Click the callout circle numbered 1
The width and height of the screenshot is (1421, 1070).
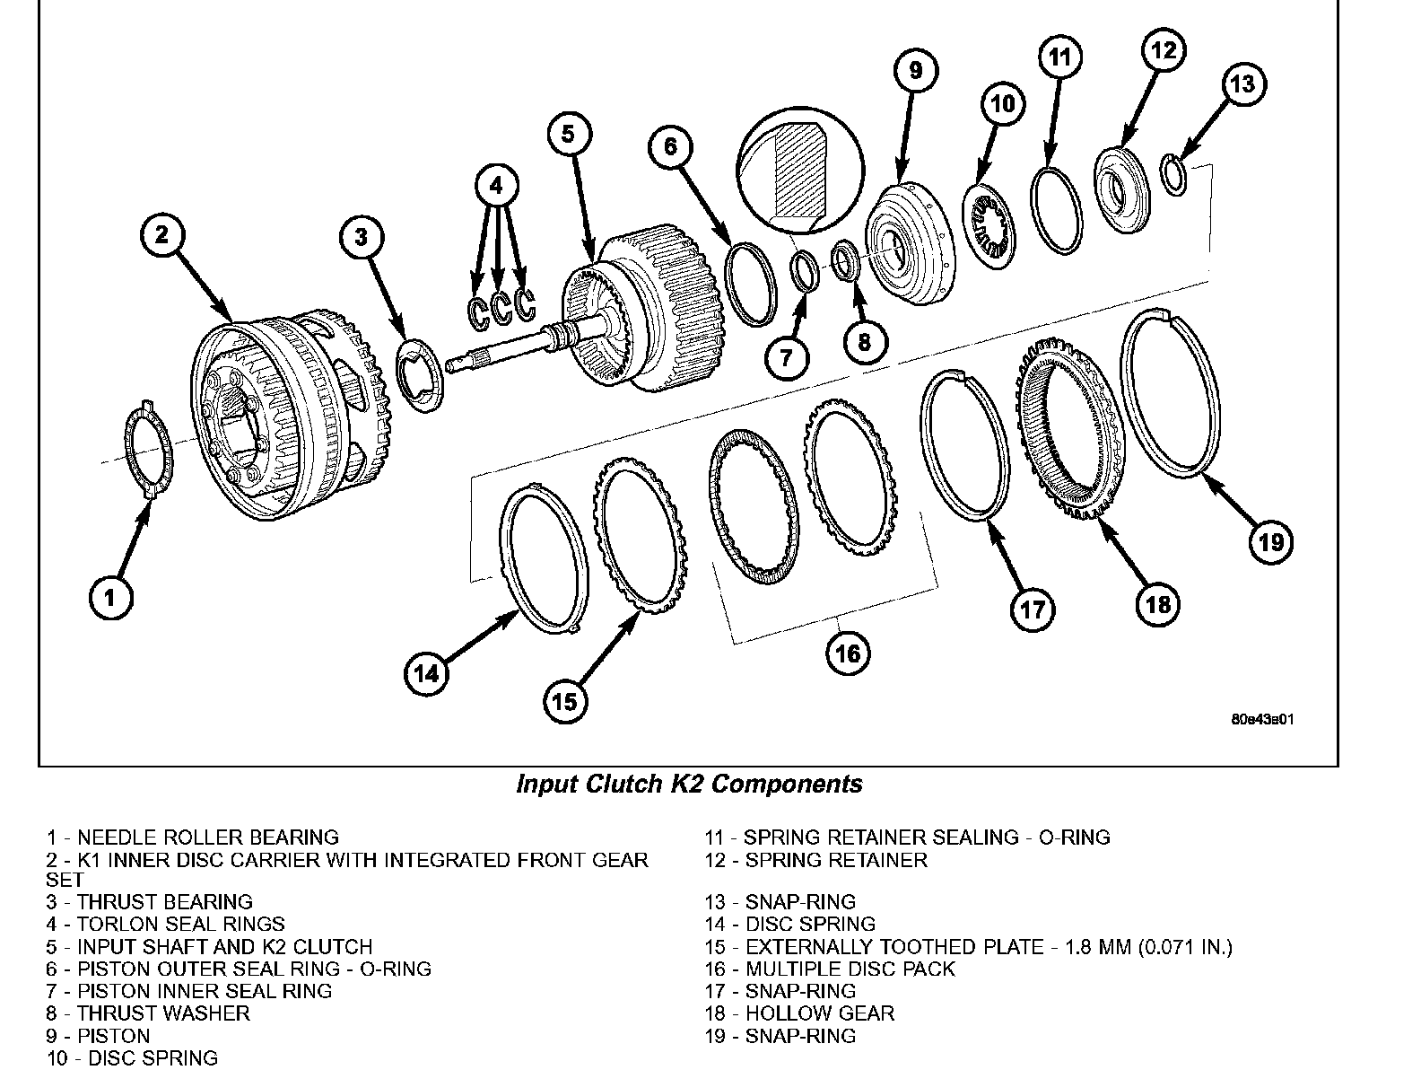click(x=111, y=597)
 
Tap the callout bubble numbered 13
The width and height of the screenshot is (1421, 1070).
click(x=1242, y=85)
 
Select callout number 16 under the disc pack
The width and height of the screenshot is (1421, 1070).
click(x=848, y=653)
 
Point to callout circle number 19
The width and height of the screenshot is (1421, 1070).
click(x=1271, y=541)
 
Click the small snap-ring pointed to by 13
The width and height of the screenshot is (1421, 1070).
click(x=1174, y=173)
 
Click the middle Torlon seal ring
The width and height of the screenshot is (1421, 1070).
click(x=501, y=309)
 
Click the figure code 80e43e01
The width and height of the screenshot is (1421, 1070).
click(x=1263, y=720)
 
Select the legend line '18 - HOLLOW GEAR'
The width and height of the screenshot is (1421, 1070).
click(x=799, y=1013)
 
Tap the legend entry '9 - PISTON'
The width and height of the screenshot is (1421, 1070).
click(x=99, y=1036)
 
